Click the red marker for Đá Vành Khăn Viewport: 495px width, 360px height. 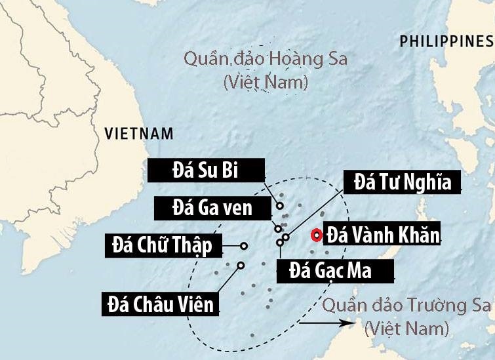317,235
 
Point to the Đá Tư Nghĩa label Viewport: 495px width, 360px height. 403,182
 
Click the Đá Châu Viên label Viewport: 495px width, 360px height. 161,304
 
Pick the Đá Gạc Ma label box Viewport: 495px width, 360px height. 334,270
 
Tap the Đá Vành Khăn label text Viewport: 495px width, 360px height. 383,234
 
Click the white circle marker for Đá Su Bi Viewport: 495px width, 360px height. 280,205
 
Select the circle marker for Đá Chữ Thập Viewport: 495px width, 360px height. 244,246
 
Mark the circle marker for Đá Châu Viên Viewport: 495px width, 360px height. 241,266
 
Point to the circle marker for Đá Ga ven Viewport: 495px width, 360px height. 278,229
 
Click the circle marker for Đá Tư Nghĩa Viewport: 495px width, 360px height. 286,237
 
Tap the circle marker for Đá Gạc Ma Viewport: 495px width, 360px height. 280,243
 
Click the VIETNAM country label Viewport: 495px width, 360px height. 139,134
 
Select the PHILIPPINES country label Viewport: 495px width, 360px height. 446,42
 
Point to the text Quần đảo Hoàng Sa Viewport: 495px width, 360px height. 266,60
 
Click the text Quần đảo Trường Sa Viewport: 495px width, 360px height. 406,305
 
